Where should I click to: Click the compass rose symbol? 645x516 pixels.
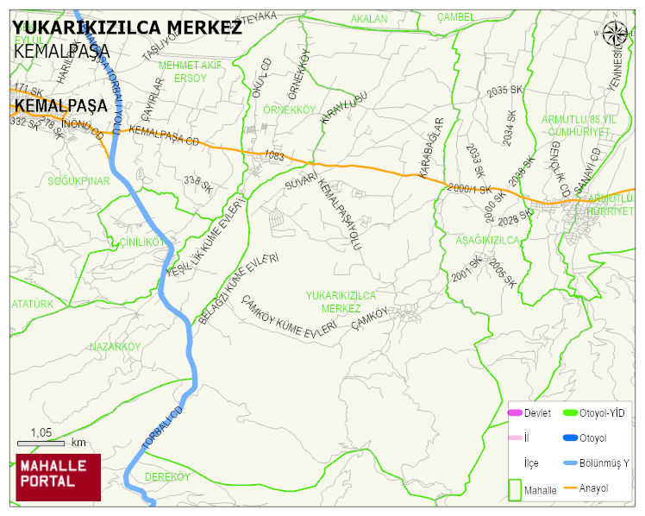[x=615, y=34]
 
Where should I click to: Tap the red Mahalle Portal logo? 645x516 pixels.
[x=58, y=476]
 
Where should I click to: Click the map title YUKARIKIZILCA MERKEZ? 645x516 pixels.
[x=127, y=28]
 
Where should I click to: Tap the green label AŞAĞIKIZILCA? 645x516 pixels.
[x=487, y=241]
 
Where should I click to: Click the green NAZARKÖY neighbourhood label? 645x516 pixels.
[x=115, y=346]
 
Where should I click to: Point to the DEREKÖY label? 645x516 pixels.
[x=167, y=476]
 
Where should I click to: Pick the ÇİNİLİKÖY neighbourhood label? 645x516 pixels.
[x=141, y=242]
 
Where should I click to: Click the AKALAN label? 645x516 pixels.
[x=369, y=18]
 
